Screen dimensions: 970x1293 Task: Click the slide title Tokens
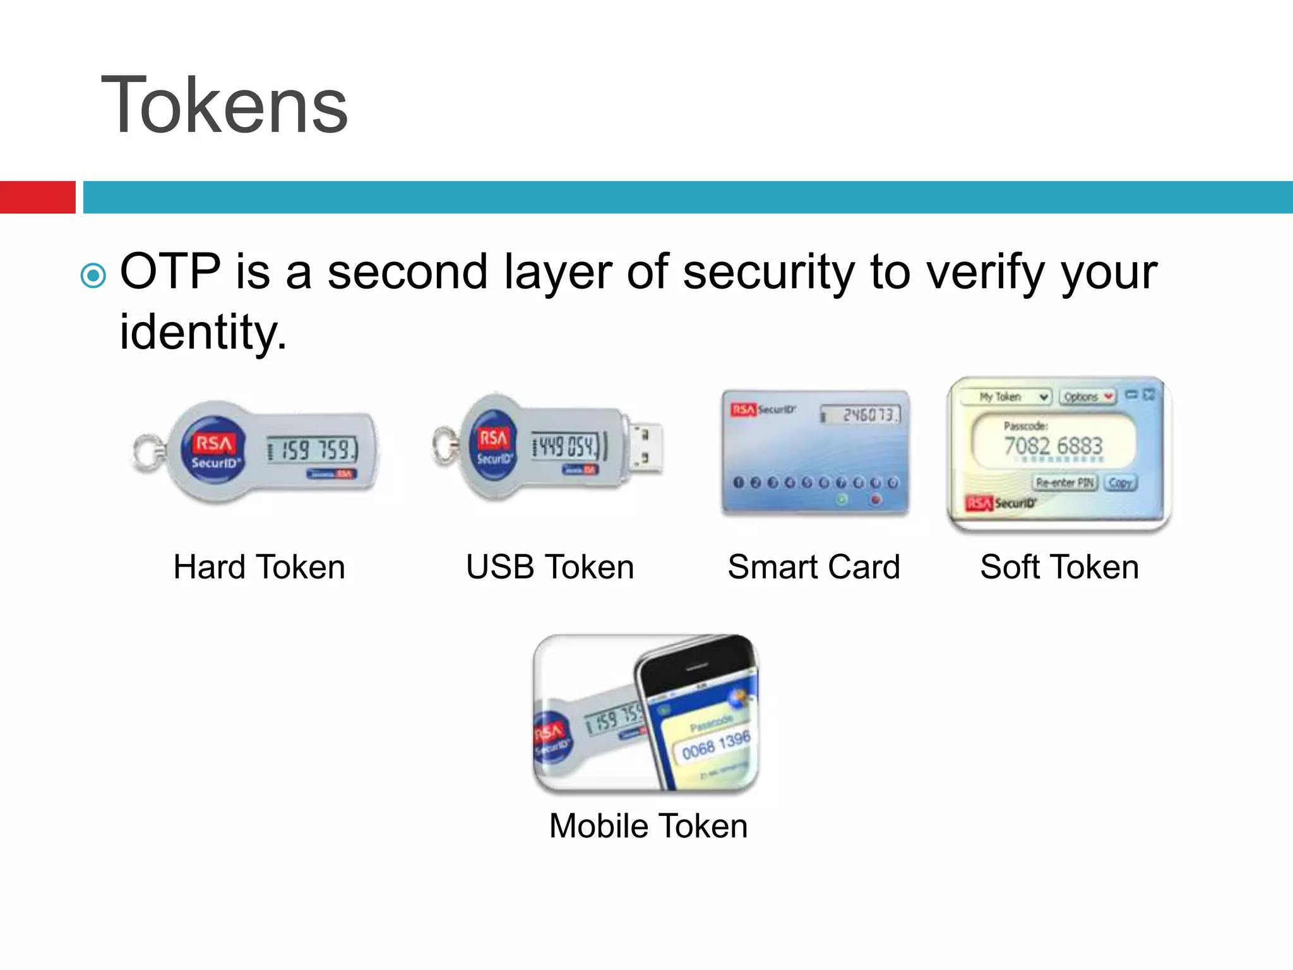(x=224, y=105)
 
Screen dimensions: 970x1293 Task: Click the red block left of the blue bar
(x=37, y=197)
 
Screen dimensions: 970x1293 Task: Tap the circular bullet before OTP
(x=93, y=275)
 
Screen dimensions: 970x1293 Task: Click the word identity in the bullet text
(x=202, y=332)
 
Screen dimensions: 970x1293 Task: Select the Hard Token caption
(x=259, y=566)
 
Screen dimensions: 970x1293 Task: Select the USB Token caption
(x=549, y=566)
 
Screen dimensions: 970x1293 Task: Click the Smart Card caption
(x=813, y=566)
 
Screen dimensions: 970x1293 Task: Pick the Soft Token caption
(x=1059, y=566)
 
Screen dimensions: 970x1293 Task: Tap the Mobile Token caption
(x=648, y=825)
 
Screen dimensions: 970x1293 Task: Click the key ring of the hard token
(x=147, y=452)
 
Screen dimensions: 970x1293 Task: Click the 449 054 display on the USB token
(x=565, y=446)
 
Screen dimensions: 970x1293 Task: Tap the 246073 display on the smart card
(x=862, y=415)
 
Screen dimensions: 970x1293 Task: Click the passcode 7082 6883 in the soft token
(x=1052, y=446)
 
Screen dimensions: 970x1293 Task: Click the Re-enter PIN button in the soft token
(x=1064, y=482)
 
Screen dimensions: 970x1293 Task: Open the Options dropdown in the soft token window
(x=1087, y=397)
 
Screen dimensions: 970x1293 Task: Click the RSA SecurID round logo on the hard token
(x=213, y=450)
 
